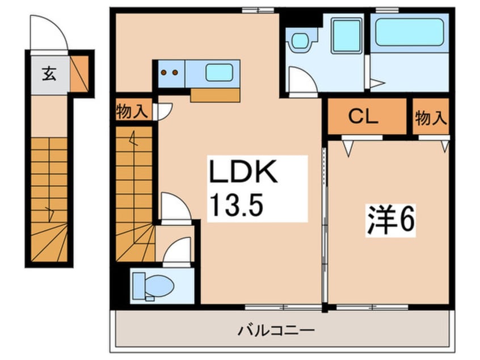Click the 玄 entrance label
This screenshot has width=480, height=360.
(x=48, y=73)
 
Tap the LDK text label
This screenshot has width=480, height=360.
(x=244, y=174)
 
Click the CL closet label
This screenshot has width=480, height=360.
(x=363, y=117)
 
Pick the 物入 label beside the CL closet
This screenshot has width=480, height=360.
(x=431, y=118)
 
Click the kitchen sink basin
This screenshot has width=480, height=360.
(x=219, y=74)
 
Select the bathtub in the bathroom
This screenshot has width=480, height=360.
(x=409, y=34)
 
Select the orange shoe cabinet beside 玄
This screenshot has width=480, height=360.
(x=79, y=74)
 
